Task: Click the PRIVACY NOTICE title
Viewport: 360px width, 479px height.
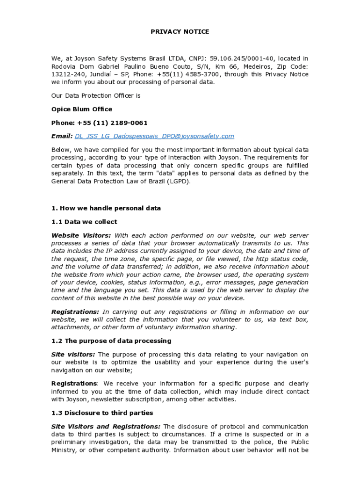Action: [x=180, y=32]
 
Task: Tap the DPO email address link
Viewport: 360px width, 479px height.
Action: [x=154, y=136]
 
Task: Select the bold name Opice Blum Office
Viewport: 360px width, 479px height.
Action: [x=82, y=109]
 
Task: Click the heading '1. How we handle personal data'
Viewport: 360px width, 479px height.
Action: [x=106, y=208]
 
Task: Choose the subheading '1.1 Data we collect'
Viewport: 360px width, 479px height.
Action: [x=84, y=222]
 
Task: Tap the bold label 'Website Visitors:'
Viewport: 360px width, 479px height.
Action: [x=81, y=235]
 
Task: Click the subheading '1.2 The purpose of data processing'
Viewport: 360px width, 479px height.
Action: [x=111, y=341]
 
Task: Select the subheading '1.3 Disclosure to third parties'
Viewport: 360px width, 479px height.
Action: [x=102, y=413]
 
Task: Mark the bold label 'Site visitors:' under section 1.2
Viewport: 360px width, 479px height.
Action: [x=73, y=355]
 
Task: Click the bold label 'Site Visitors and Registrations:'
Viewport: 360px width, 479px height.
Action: [x=106, y=427]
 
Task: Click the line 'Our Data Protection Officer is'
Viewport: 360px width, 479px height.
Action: [x=96, y=95]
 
